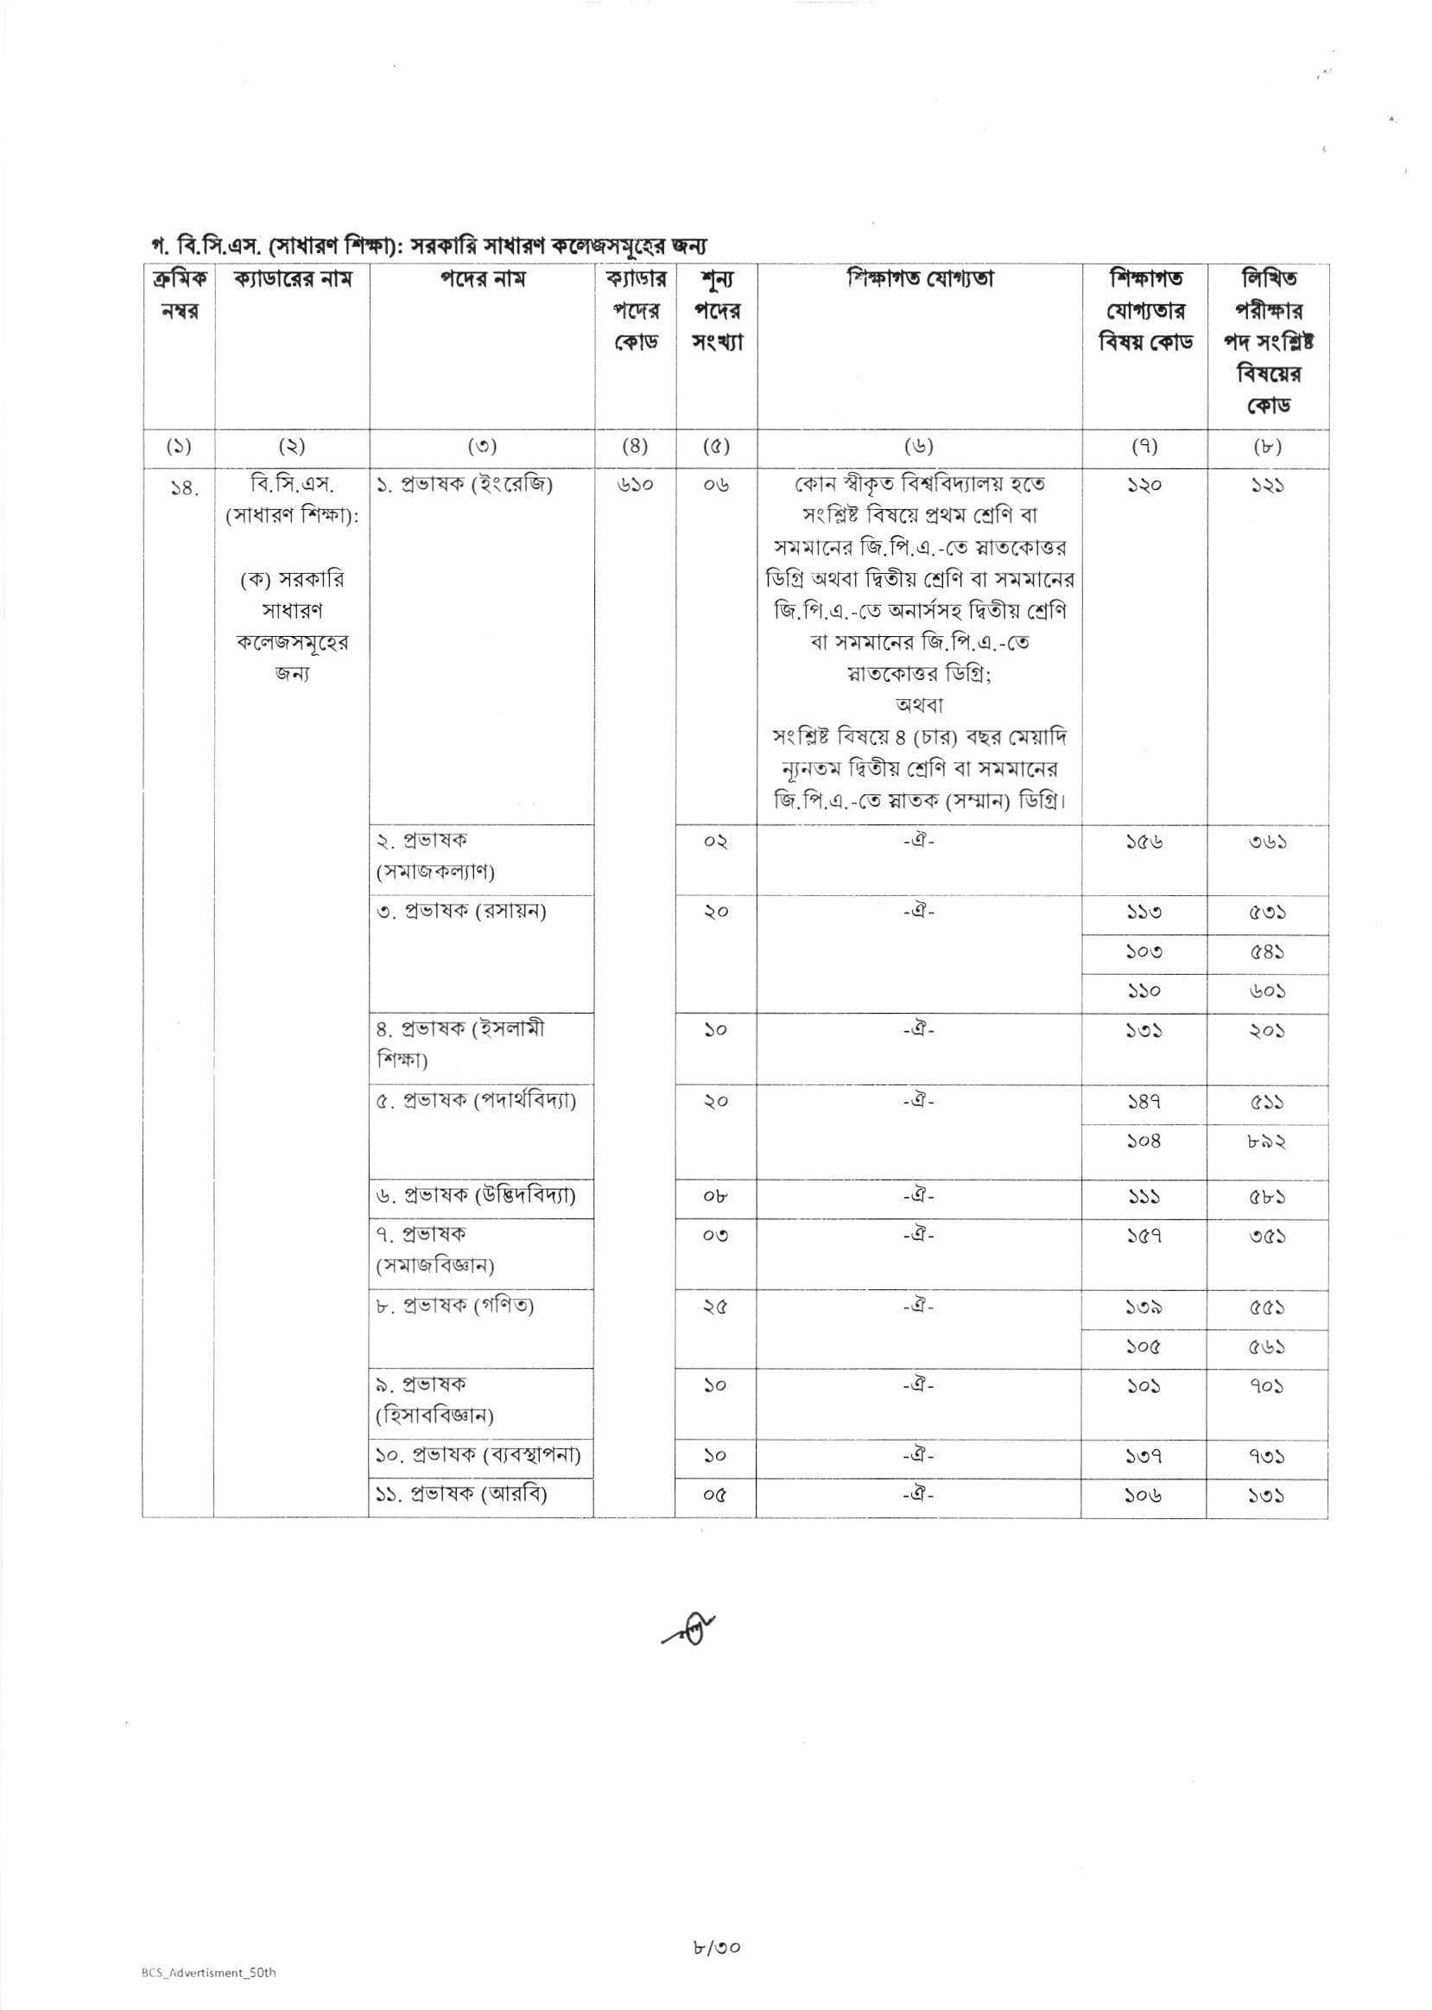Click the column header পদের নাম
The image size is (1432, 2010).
click(x=482, y=280)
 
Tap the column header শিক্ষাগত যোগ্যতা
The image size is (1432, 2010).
click(x=920, y=280)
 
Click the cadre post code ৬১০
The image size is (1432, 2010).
click(x=634, y=485)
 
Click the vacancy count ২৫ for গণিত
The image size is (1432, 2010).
click(x=715, y=1307)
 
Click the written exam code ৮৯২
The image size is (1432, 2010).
click(x=1266, y=1142)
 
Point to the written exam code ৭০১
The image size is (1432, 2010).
click(x=1266, y=1385)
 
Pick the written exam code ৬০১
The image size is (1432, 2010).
click(x=1266, y=991)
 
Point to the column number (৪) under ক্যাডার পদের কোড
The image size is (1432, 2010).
click(x=634, y=446)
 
